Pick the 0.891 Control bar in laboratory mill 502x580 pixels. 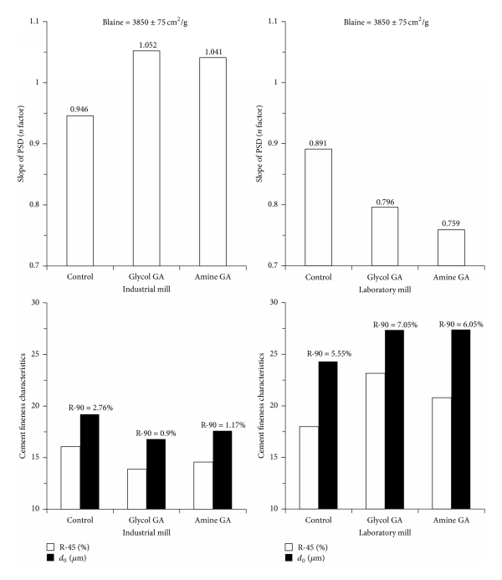coord(318,207)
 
